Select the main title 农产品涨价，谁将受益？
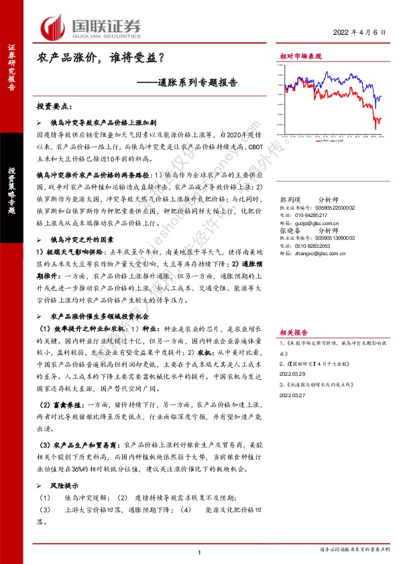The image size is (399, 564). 101,60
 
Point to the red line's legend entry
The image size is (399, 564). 318,141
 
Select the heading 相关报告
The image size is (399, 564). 294,332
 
